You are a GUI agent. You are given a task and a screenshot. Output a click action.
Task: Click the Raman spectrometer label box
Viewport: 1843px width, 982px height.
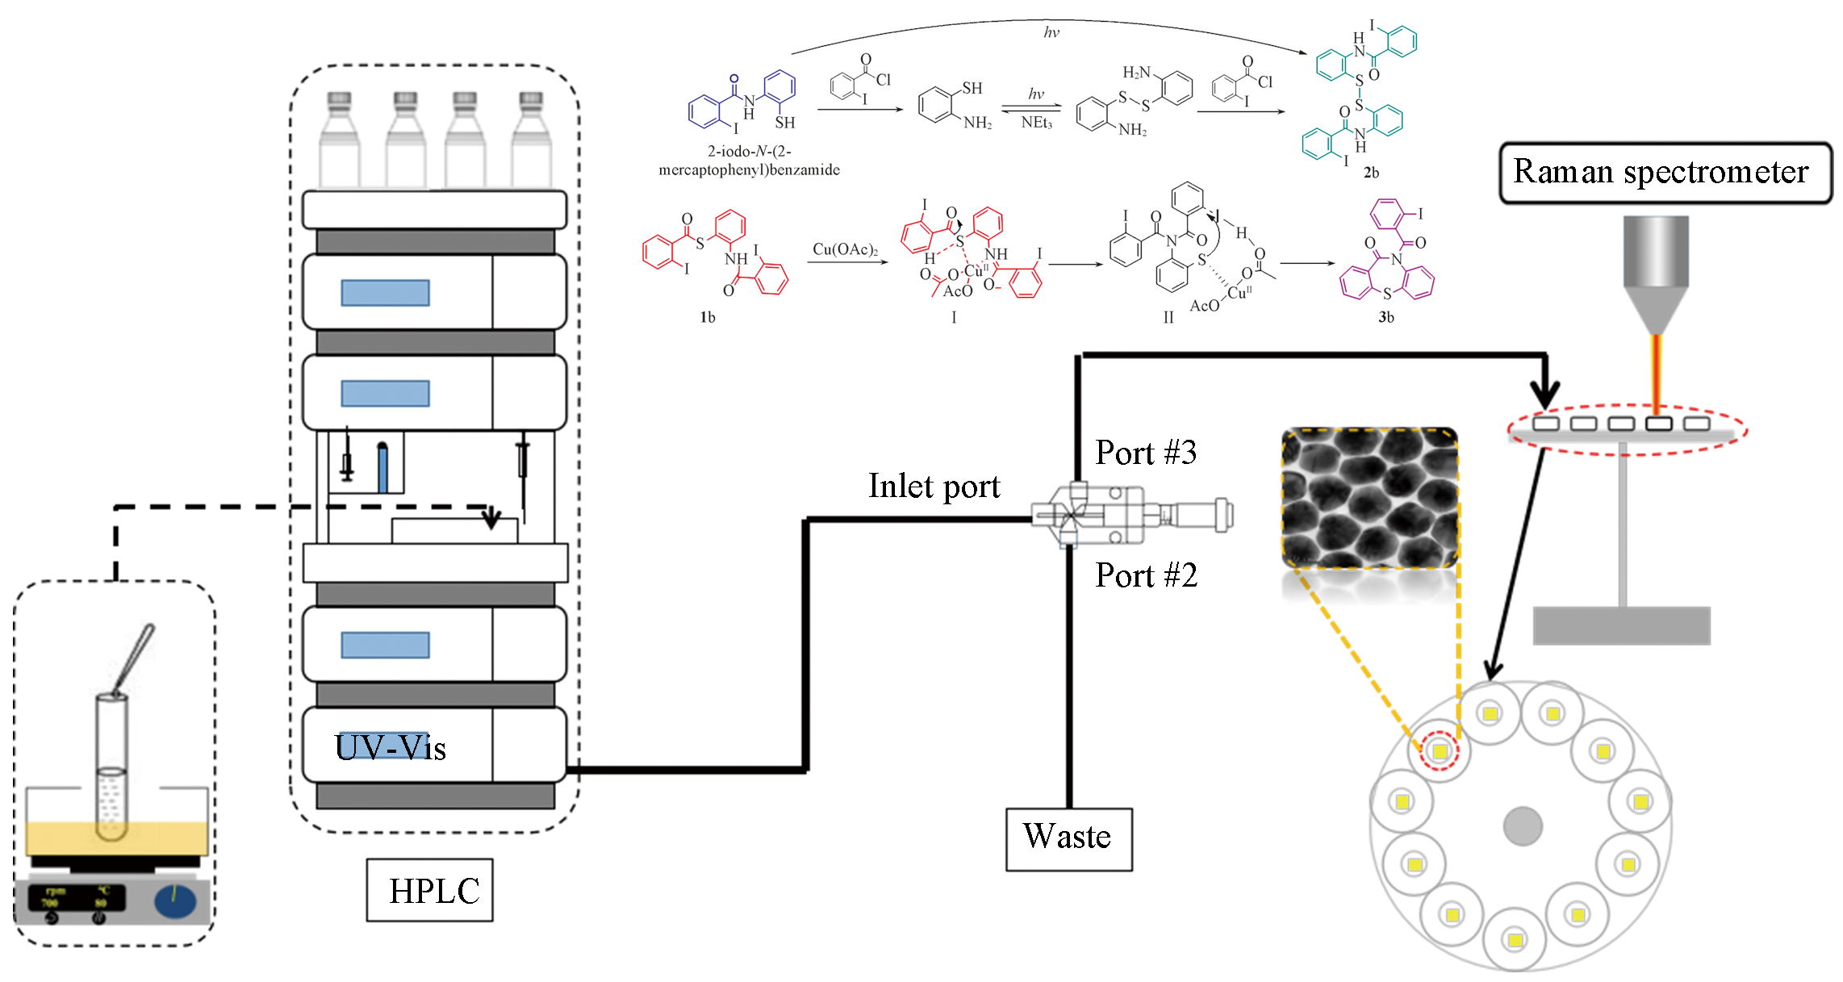tap(1664, 173)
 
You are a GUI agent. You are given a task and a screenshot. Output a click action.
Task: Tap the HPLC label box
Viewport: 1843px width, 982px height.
tap(430, 890)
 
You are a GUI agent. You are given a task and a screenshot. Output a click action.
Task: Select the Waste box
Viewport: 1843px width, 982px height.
tap(1068, 838)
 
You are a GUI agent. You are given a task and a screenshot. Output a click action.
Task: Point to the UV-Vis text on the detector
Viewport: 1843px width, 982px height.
tap(391, 747)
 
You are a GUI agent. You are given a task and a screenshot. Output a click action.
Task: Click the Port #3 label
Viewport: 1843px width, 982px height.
tap(1146, 453)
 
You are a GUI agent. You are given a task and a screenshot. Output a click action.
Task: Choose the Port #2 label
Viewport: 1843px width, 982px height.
tap(1146, 575)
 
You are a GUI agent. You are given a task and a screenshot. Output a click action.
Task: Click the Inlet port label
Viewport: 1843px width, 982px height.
tap(934, 487)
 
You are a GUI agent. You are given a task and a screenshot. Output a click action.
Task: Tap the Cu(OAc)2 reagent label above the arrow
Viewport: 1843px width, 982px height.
tap(845, 249)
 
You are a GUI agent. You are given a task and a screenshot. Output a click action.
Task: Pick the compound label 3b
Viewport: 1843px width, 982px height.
tap(1386, 317)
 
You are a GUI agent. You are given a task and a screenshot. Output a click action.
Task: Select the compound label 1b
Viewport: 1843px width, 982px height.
tap(708, 317)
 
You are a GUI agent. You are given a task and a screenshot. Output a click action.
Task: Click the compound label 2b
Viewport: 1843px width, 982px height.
tap(1371, 173)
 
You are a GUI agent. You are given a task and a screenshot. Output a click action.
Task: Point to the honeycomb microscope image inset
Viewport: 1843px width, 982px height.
tap(1369, 497)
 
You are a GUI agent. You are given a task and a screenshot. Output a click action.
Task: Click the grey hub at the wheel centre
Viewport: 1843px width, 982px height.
tap(1523, 826)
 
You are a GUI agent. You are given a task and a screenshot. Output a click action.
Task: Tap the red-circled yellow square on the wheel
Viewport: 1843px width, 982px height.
tap(1440, 752)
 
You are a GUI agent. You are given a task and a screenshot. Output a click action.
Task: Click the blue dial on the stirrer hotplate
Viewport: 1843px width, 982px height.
tap(176, 901)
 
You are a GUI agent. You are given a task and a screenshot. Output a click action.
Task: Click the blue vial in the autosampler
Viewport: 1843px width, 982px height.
tap(382, 468)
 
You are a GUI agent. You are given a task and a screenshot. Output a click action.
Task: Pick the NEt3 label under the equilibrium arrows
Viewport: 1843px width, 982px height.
tap(1037, 123)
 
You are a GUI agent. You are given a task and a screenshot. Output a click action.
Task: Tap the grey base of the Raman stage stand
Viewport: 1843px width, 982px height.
tap(1621, 625)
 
